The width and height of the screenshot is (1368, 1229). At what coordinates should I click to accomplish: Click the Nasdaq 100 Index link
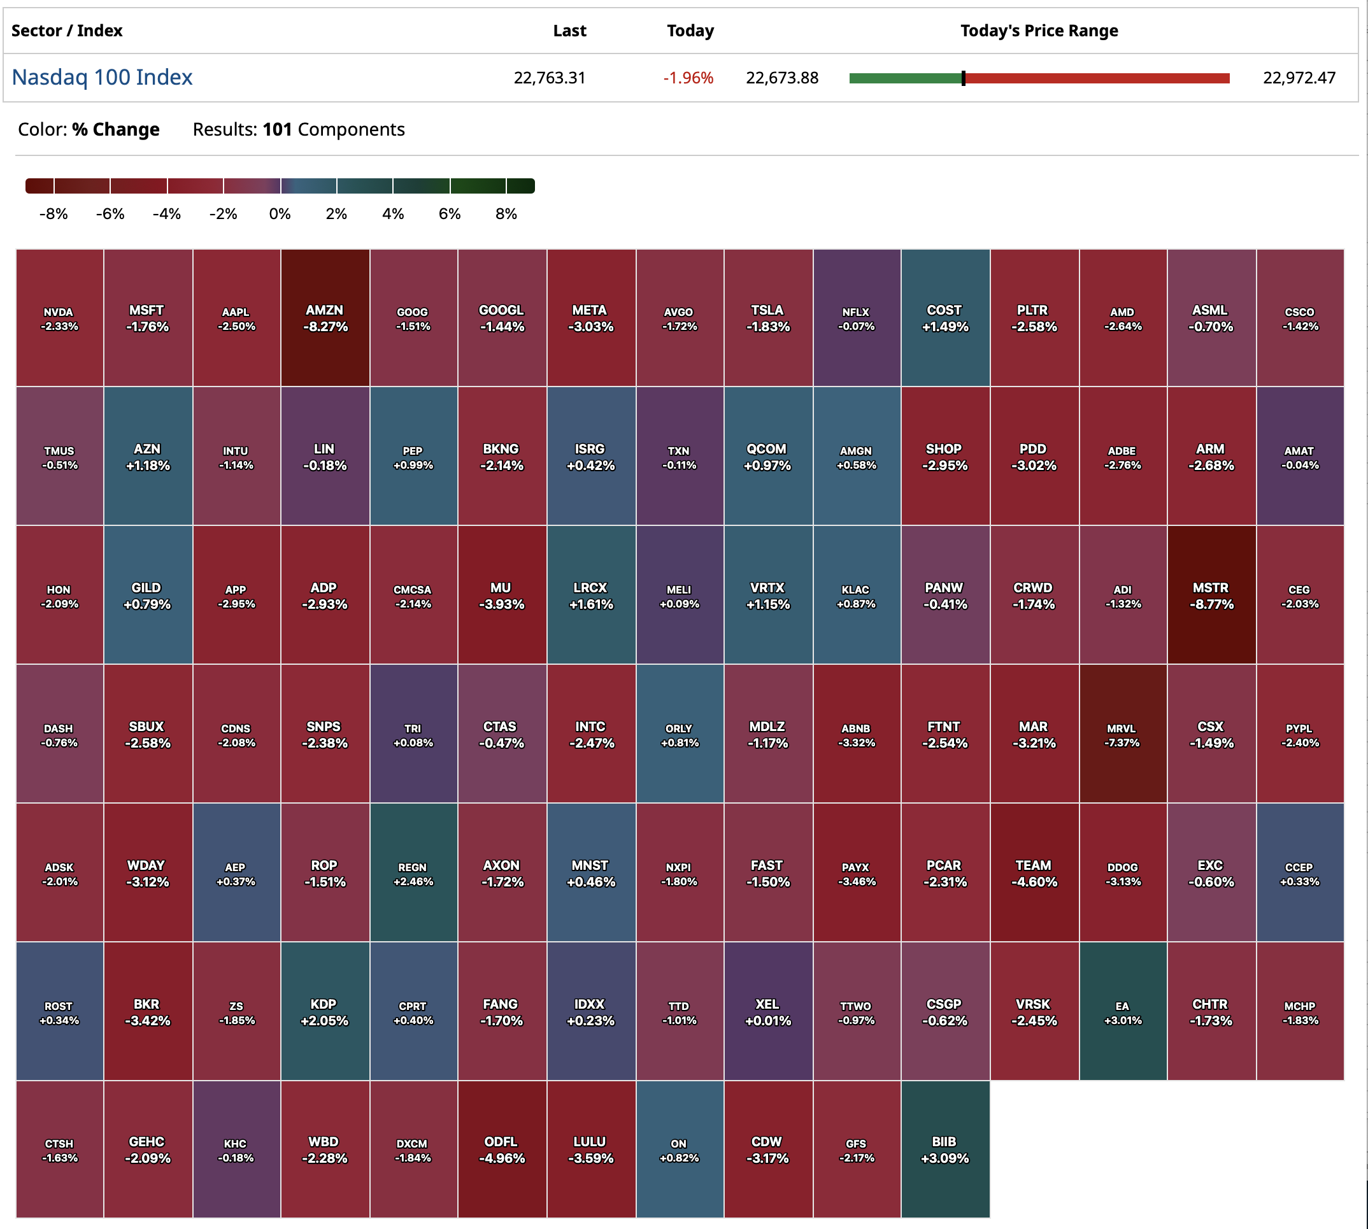click(x=102, y=78)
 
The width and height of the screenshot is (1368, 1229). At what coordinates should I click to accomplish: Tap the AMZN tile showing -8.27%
click(x=325, y=318)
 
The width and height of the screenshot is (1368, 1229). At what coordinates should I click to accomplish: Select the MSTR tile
click(x=1211, y=595)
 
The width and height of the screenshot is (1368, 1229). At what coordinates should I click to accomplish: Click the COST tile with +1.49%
click(x=944, y=318)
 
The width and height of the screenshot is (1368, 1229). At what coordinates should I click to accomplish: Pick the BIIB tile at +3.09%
click(x=944, y=1149)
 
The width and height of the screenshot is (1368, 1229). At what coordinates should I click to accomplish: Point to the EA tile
click(x=1122, y=1012)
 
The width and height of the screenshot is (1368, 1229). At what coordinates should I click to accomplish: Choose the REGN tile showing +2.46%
click(x=413, y=873)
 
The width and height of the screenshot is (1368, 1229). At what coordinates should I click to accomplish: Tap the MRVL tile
click(x=1122, y=734)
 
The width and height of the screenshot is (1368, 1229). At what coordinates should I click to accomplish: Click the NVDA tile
click(x=59, y=318)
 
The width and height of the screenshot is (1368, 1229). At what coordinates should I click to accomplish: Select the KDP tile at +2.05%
click(x=325, y=1012)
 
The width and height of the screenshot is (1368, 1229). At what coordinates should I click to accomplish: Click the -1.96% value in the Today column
click(x=687, y=78)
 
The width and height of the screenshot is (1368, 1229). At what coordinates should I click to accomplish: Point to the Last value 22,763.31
click(x=549, y=78)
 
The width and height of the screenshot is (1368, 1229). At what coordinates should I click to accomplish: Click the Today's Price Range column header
click(x=1039, y=31)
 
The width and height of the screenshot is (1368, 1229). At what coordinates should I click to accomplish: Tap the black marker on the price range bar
click(x=964, y=78)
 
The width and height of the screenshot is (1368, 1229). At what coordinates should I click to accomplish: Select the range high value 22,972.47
click(x=1299, y=78)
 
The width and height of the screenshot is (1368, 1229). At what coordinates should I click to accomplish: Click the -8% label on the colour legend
click(x=53, y=214)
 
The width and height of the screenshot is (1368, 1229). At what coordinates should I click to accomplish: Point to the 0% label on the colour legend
click(x=280, y=214)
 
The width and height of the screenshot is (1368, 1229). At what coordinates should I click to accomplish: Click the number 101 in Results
click(x=277, y=130)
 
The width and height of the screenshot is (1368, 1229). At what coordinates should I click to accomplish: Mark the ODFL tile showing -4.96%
click(x=502, y=1149)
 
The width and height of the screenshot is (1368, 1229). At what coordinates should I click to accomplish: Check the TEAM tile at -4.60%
click(x=1033, y=873)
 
